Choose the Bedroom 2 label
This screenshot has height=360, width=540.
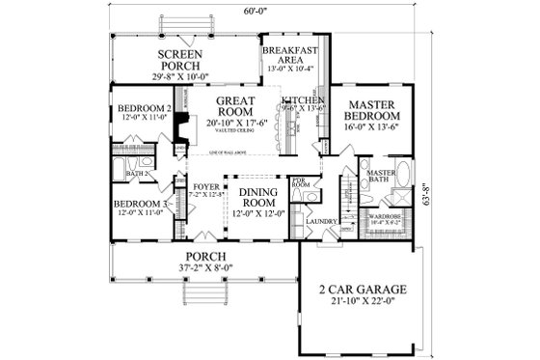[x=143, y=108]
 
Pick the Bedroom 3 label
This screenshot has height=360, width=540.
[x=142, y=205]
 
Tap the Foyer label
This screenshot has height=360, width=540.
[x=205, y=187]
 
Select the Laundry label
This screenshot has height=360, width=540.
[x=319, y=223]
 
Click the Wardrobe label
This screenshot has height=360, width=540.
[x=384, y=216]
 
